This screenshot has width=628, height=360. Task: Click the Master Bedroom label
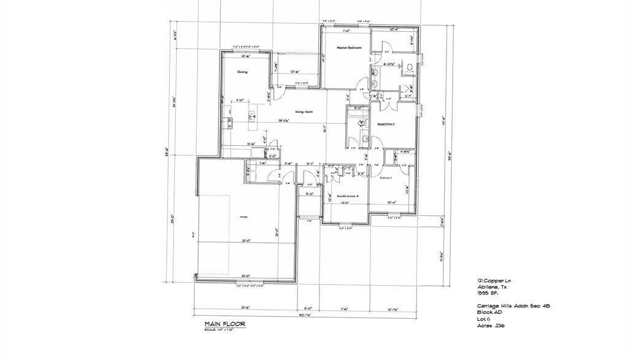click(x=349, y=48)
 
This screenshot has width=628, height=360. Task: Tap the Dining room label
click(x=242, y=72)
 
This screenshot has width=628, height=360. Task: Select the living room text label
click(x=304, y=112)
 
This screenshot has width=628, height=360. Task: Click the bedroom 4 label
click(x=347, y=196)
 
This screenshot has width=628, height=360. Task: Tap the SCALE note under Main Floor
click(x=221, y=330)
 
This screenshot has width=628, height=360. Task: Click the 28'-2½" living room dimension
click(x=283, y=121)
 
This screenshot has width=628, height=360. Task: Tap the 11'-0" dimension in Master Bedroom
click(x=345, y=30)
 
